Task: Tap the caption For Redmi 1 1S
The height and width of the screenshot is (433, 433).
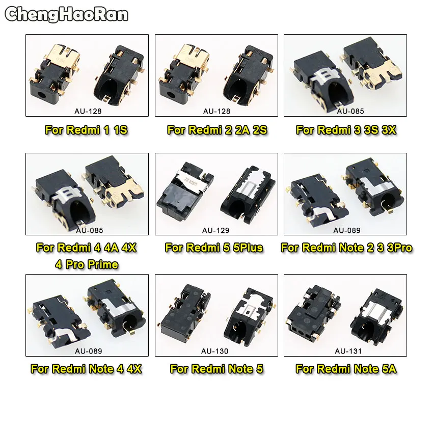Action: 86,130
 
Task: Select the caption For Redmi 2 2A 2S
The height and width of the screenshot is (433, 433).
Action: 217,130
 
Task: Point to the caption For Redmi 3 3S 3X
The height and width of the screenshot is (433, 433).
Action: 346,130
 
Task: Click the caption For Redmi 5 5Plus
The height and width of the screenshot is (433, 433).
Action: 214,248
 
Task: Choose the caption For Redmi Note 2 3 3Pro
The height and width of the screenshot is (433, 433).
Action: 346,248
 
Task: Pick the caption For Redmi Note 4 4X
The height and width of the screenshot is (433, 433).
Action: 86,369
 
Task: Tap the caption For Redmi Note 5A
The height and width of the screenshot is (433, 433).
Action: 346,369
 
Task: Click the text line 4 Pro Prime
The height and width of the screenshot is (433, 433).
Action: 86,264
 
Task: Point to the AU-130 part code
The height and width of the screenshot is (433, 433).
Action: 214,351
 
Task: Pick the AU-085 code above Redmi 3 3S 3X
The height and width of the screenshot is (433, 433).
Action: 351,111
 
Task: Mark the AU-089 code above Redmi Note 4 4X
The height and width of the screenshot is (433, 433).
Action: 89,351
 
